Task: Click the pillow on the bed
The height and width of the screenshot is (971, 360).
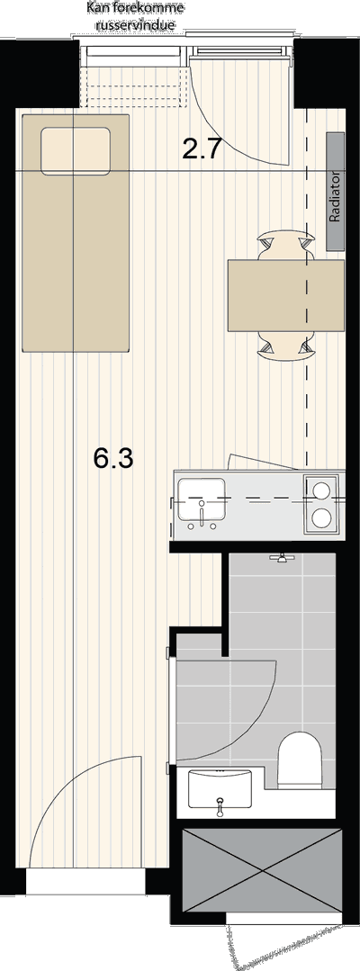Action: [x=76, y=150]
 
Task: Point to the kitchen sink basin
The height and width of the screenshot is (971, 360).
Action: [x=202, y=499]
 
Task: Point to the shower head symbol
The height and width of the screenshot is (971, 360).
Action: [x=282, y=558]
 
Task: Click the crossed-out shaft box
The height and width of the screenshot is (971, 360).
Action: [x=262, y=871]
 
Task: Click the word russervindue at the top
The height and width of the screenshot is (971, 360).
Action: [x=134, y=26]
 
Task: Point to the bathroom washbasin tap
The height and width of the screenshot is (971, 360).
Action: [x=219, y=805]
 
